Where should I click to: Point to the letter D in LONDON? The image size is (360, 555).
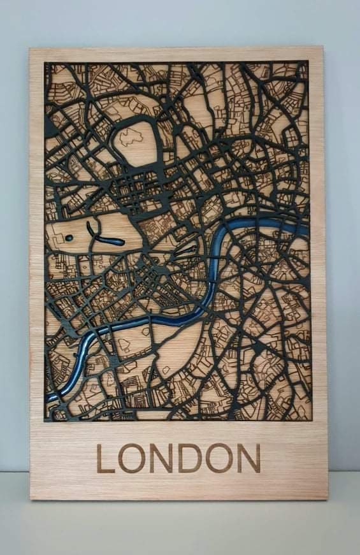tap(190, 458)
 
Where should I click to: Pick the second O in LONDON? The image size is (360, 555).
tap(219, 458)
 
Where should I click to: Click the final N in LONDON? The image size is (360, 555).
tap(248, 458)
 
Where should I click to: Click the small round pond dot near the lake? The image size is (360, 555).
tap(68, 239)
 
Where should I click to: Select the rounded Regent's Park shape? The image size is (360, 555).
tap(136, 141)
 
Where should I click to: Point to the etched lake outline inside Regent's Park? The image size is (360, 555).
tap(131, 135)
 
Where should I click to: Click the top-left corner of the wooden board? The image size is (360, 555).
tap(30, 49)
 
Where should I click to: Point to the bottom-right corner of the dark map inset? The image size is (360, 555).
tap(311, 420)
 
